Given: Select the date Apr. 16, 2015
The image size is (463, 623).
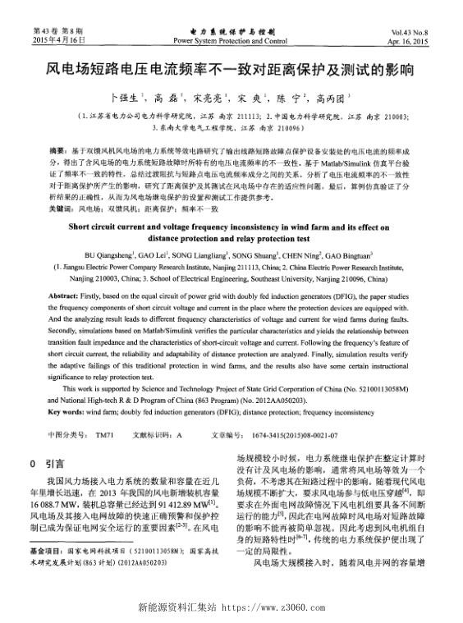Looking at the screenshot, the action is (413, 39).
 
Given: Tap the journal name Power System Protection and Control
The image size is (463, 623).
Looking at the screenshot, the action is (231, 39).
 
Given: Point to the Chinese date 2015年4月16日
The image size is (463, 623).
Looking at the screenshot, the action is (60, 39).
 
